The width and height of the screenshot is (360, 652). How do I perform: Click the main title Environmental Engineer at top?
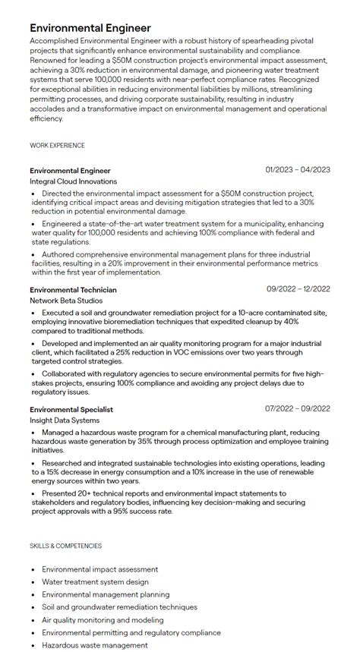tap(90, 28)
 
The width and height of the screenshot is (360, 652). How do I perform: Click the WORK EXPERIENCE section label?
tap(57, 145)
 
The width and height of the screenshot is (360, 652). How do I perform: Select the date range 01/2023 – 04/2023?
tap(298, 170)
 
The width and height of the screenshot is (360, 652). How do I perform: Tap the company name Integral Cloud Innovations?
tap(74, 182)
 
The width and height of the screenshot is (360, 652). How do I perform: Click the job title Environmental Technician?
tap(74, 289)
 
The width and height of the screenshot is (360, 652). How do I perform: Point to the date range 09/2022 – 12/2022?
tap(298, 289)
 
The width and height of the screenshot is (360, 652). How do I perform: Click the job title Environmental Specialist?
tap(71, 409)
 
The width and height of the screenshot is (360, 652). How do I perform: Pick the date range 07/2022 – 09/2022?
tap(298, 409)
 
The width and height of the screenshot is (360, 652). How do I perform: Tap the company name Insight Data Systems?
tap(65, 420)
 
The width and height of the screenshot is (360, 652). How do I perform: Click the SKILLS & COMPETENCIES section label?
tap(65, 546)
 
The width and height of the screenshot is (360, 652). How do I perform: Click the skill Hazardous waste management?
tap(95, 645)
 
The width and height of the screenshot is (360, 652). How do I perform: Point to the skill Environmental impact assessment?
tap(100, 569)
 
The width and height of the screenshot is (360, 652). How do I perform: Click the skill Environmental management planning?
tap(106, 594)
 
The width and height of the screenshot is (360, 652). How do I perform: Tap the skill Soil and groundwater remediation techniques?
tap(119, 607)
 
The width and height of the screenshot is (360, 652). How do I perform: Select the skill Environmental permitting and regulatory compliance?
tap(131, 632)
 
